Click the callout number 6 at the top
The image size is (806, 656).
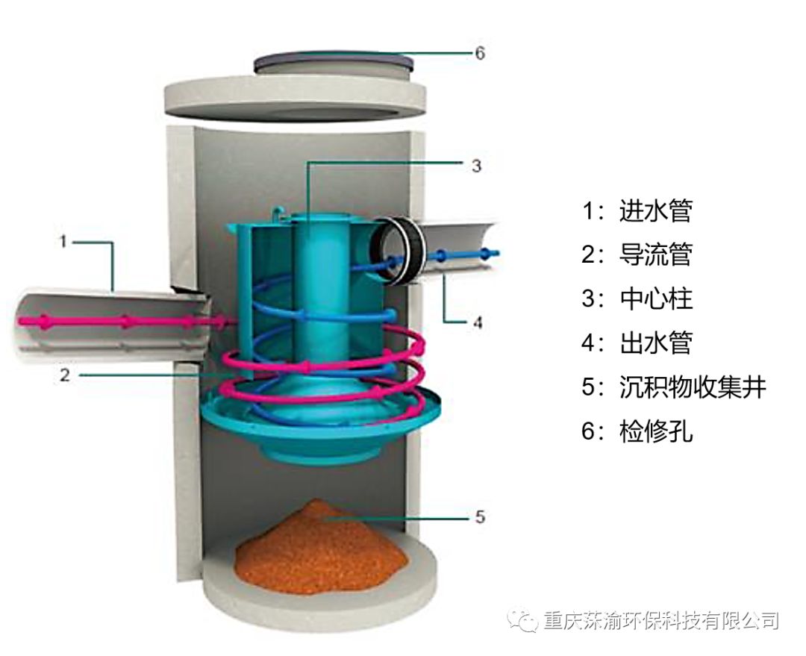[480, 53]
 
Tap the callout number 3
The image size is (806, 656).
[476, 166]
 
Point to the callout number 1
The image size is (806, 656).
[63, 241]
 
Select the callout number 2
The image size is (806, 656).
[65, 375]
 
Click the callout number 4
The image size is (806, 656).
[478, 322]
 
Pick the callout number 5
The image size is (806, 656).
[480, 516]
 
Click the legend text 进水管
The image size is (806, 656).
[655, 210]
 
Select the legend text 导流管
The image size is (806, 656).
[655, 254]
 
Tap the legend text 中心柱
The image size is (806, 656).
[655, 299]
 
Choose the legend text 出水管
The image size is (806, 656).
[655, 343]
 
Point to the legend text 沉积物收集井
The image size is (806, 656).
[693, 387]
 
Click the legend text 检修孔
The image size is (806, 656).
[655, 431]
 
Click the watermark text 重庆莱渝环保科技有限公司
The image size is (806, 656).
[661, 620]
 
